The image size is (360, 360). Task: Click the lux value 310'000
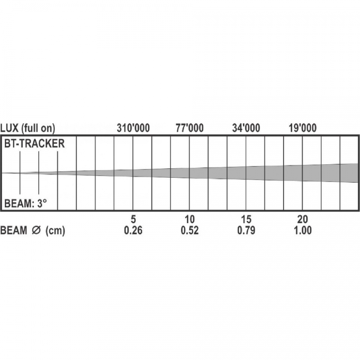click(x=133, y=128)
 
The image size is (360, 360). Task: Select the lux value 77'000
click(x=189, y=128)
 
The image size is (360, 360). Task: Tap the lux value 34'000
click(x=246, y=128)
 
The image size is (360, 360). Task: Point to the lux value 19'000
click(x=302, y=128)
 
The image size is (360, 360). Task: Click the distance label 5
click(x=133, y=220)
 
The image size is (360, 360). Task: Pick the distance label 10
click(x=189, y=220)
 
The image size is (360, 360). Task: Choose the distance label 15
click(x=246, y=220)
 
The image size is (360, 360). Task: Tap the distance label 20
click(x=302, y=220)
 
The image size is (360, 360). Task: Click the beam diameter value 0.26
click(x=133, y=230)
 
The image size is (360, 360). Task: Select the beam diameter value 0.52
click(x=189, y=230)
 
